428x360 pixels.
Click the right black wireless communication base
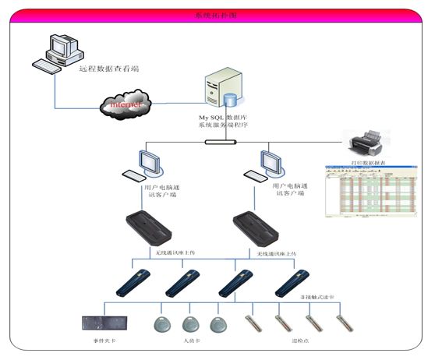[x=257, y=228]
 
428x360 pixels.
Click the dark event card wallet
[x=103, y=322]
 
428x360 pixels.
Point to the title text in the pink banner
[x=214, y=15]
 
